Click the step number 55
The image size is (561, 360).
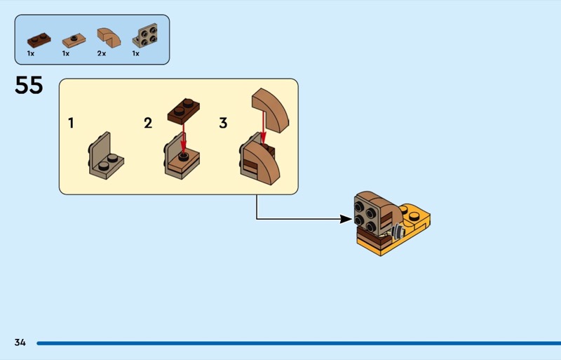(x=29, y=86)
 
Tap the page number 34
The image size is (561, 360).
(x=20, y=342)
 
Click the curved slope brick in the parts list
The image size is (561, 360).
(x=107, y=36)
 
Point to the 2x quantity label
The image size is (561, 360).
(x=102, y=53)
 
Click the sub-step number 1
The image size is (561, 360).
(x=71, y=124)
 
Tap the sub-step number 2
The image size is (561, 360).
(x=148, y=124)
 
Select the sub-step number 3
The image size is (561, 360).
(x=223, y=124)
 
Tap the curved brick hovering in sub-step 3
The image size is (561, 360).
(x=270, y=109)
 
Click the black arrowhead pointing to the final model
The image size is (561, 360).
(x=345, y=219)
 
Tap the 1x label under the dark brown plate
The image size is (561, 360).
(x=31, y=53)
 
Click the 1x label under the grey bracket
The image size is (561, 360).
(x=136, y=53)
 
